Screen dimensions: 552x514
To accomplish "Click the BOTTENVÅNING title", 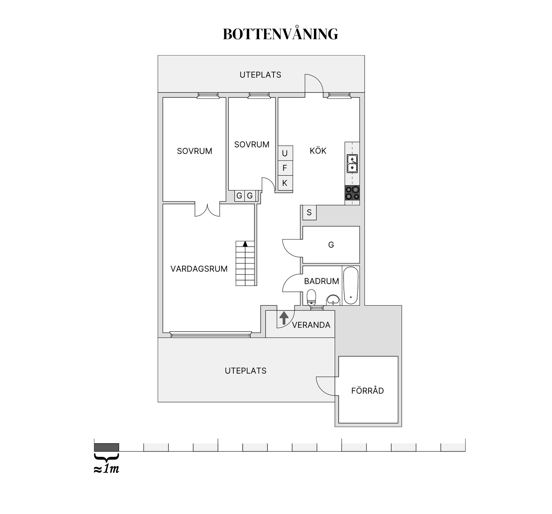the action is click(x=280, y=34).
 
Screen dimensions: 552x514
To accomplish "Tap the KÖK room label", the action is click(x=318, y=150).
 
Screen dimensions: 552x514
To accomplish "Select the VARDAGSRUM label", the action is click(x=199, y=269).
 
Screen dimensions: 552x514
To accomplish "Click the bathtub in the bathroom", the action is click(x=351, y=285).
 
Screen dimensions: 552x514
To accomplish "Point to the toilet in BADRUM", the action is click(x=311, y=297).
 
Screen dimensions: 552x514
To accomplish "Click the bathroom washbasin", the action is click(x=333, y=300).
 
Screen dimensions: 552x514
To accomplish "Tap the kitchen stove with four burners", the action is click(x=352, y=193).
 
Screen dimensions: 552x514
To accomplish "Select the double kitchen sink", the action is click(x=352, y=164).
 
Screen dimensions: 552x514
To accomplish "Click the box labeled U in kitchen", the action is click(x=285, y=153).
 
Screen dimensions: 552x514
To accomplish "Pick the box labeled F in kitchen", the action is click(x=285, y=168).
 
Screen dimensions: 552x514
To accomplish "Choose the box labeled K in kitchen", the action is click(x=285, y=183).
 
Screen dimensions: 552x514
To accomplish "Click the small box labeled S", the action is click(x=309, y=213).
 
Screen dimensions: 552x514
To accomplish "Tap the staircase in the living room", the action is click(x=245, y=263).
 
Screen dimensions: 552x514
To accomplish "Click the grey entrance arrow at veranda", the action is click(x=284, y=318).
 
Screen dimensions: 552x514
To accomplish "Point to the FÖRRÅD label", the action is click(x=367, y=391).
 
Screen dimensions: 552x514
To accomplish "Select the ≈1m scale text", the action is click(x=106, y=469).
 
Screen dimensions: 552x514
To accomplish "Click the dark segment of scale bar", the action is click(x=106, y=447).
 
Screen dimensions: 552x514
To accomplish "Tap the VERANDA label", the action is click(x=311, y=325).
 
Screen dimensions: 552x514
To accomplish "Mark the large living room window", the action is click(x=210, y=334).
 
